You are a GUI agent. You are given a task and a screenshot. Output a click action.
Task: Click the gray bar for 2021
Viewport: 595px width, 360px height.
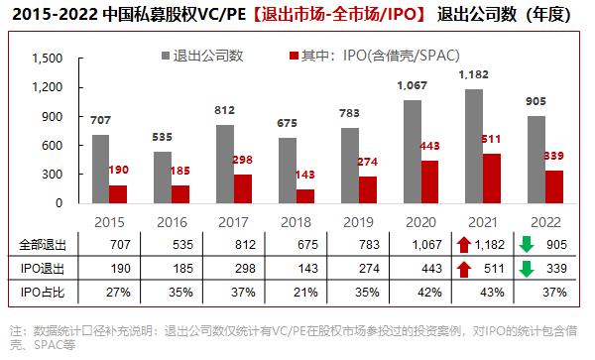pos(474,146)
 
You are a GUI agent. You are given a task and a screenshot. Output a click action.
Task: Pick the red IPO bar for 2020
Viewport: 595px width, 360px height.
pos(429,181)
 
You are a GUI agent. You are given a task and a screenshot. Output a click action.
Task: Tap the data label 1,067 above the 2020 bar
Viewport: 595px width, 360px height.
pos(409,86)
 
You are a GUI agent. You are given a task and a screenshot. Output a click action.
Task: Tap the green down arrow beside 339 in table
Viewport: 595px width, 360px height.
pos(527,269)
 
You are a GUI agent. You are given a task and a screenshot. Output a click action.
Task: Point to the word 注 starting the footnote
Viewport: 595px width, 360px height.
pos(14,329)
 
